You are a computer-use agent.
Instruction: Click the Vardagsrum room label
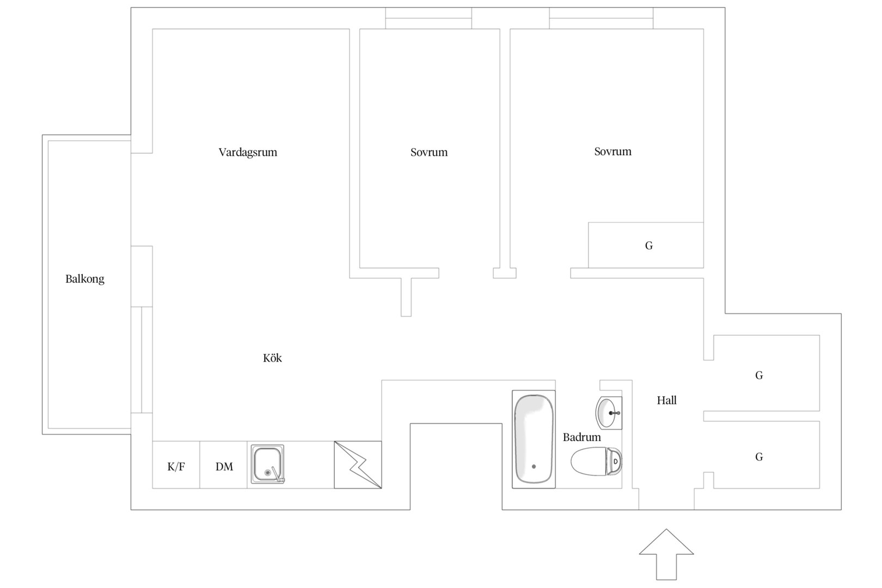(x=248, y=152)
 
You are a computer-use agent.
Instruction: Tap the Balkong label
(x=84, y=279)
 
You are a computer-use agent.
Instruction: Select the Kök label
(x=272, y=358)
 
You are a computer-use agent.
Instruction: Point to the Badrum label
(x=581, y=437)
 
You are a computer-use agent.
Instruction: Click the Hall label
(x=666, y=401)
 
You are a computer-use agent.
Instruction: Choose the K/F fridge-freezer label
(x=176, y=467)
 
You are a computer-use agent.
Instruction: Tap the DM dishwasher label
(x=224, y=467)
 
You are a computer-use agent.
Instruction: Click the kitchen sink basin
(x=268, y=464)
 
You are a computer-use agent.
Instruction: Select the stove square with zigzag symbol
(x=358, y=465)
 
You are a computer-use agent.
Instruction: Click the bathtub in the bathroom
(x=534, y=439)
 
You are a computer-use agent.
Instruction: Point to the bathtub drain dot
(x=534, y=467)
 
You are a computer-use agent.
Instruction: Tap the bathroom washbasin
(x=609, y=413)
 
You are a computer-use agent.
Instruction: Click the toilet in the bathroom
(x=597, y=461)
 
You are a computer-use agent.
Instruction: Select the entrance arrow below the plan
(x=666, y=554)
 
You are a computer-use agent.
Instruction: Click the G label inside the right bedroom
(x=649, y=246)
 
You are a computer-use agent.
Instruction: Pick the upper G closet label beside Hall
(x=759, y=375)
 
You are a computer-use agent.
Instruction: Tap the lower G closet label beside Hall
(x=759, y=457)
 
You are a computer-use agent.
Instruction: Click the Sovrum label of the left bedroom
(x=429, y=152)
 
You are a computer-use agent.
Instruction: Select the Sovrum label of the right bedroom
(x=612, y=151)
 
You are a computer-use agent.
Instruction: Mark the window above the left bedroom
(x=428, y=18)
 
